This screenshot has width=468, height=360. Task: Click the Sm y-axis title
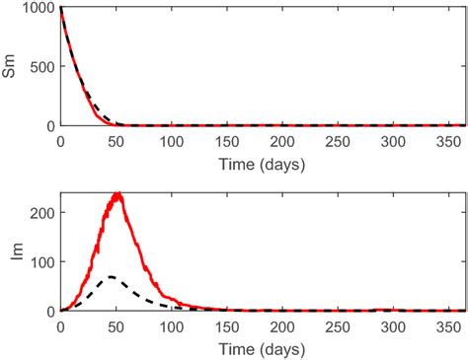[x=13, y=66]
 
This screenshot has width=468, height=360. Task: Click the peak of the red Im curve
[x=118, y=193]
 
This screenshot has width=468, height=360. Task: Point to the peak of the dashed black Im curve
[x=112, y=276]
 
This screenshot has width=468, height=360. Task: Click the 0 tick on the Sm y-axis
[x=51, y=126]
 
